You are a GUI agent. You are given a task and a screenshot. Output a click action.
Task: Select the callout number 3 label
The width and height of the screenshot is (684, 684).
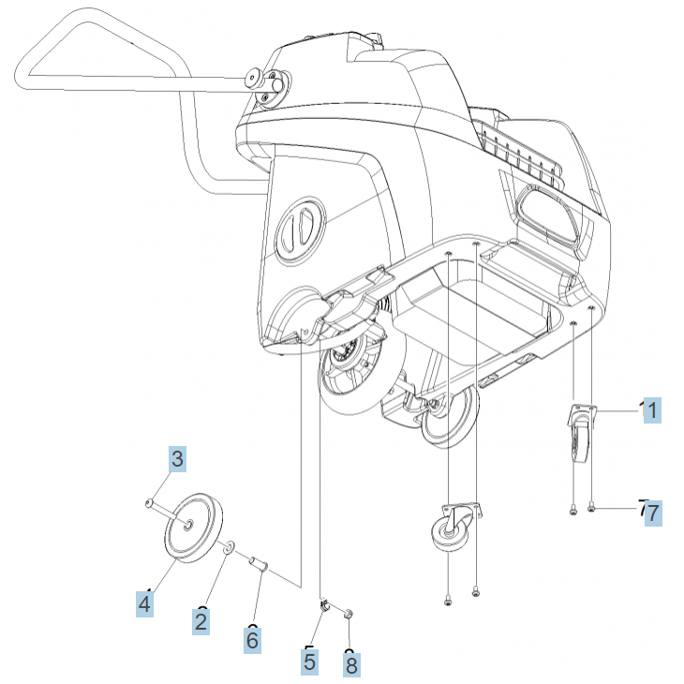[x=177, y=459]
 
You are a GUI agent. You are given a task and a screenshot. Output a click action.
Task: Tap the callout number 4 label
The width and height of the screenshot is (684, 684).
[x=144, y=603]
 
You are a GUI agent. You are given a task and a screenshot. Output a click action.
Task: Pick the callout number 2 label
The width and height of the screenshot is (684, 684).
[x=201, y=619]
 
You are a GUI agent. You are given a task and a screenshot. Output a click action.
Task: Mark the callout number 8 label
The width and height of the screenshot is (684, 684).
[x=351, y=665]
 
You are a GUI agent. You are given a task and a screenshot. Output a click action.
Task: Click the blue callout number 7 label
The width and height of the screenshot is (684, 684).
[x=653, y=513]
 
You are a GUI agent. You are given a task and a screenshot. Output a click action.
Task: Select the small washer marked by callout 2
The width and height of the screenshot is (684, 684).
[x=230, y=545]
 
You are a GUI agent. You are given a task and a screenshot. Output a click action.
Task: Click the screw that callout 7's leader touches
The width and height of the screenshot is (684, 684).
[x=592, y=509]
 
